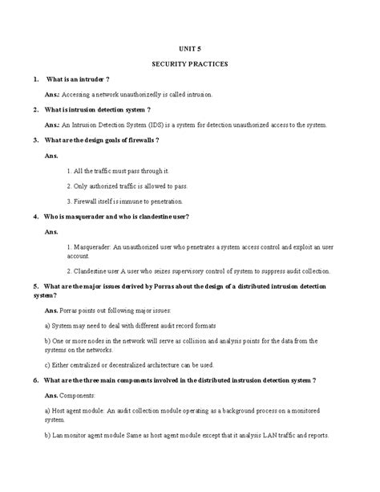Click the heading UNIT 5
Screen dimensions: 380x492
tap(190, 47)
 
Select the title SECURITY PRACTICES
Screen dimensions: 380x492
tap(190, 63)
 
